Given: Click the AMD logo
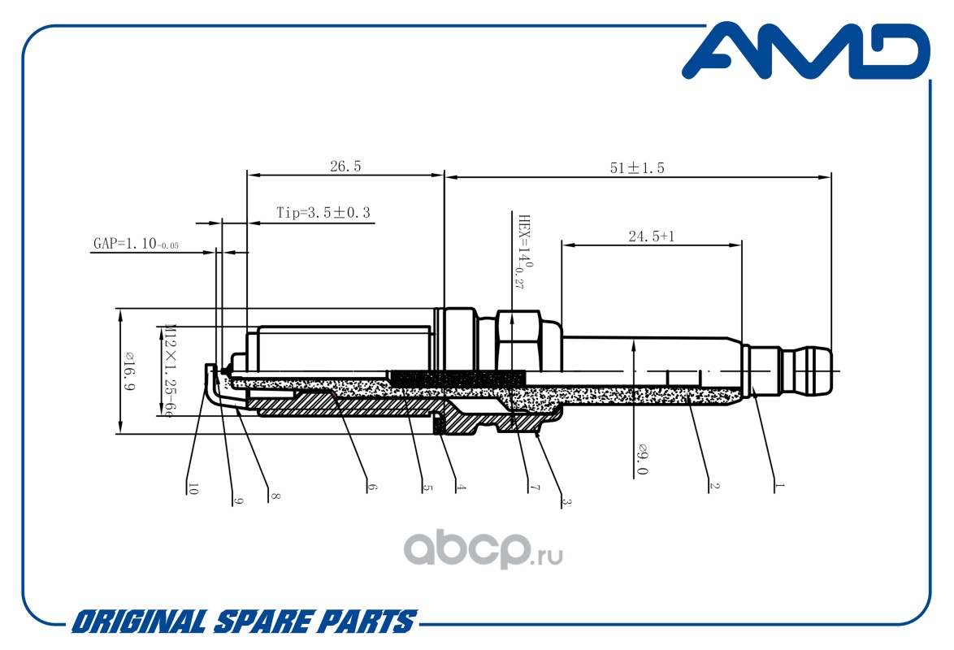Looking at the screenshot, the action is tap(804, 53).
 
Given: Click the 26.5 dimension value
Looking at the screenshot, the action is tap(345, 167).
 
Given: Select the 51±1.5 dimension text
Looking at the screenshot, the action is tap(638, 168).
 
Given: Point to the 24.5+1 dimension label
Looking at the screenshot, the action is tap(652, 236).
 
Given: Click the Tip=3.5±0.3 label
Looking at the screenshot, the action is tap(323, 213).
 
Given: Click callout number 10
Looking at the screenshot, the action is tap(193, 488).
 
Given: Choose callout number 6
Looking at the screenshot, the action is tap(373, 488).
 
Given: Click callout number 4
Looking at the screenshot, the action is tap(461, 488).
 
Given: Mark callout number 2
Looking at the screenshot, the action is tap(714, 487).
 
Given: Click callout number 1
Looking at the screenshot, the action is tap(779, 487).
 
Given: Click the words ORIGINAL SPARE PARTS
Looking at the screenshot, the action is tap(244, 622).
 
